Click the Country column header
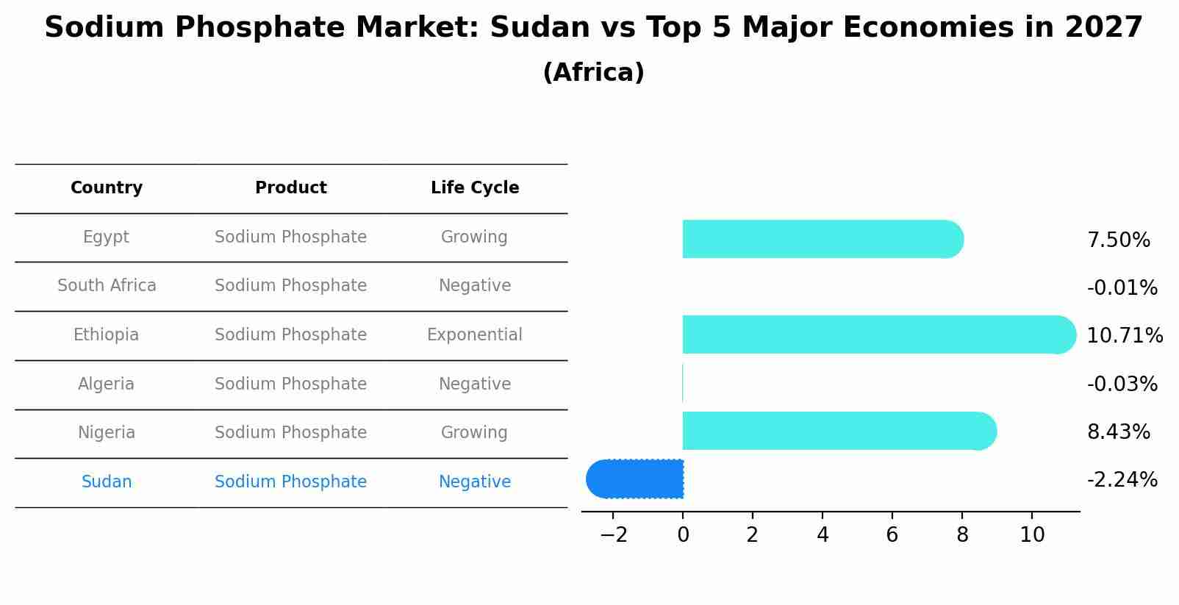pos(107,188)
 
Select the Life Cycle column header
pos(475,188)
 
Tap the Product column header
pos(291,188)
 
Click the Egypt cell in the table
pos(107,237)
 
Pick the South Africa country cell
pos(107,286)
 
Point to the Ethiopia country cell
pos(107,335)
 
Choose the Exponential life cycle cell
pos(475,335)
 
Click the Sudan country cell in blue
pos(107,482)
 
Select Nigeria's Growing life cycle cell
pos(475,433)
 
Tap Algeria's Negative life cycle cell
pos(475,384)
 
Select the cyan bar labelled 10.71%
pos(875,334)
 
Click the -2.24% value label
pos(1122,480)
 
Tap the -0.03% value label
pos(1122,384)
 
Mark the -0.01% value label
pos(1122,288)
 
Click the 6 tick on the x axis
pos(892,535)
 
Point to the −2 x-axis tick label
pos(614,535)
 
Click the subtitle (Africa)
pos(593,73)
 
